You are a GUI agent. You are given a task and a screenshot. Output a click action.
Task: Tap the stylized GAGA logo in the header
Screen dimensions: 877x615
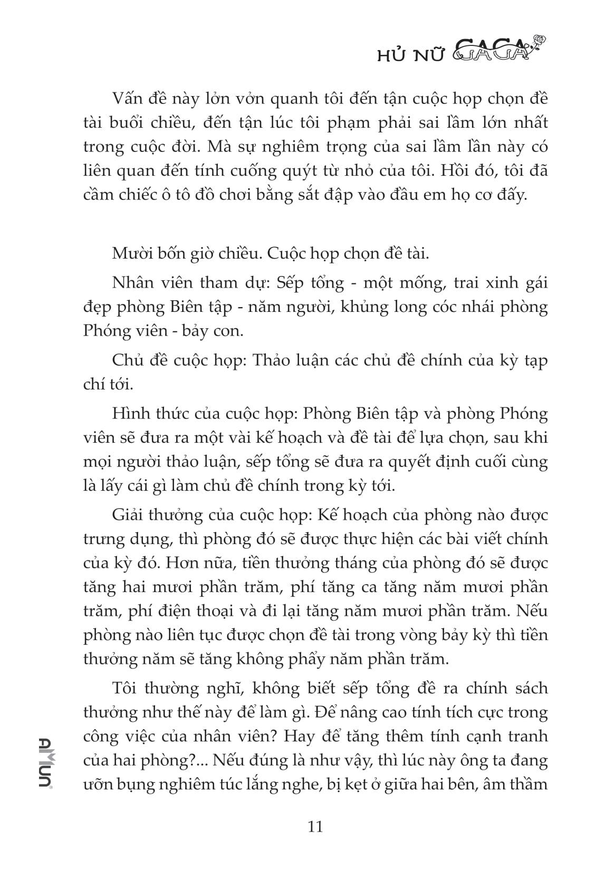tap(491, 52)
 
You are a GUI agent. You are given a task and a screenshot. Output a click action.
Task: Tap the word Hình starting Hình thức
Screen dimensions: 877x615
tap(128, 413)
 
